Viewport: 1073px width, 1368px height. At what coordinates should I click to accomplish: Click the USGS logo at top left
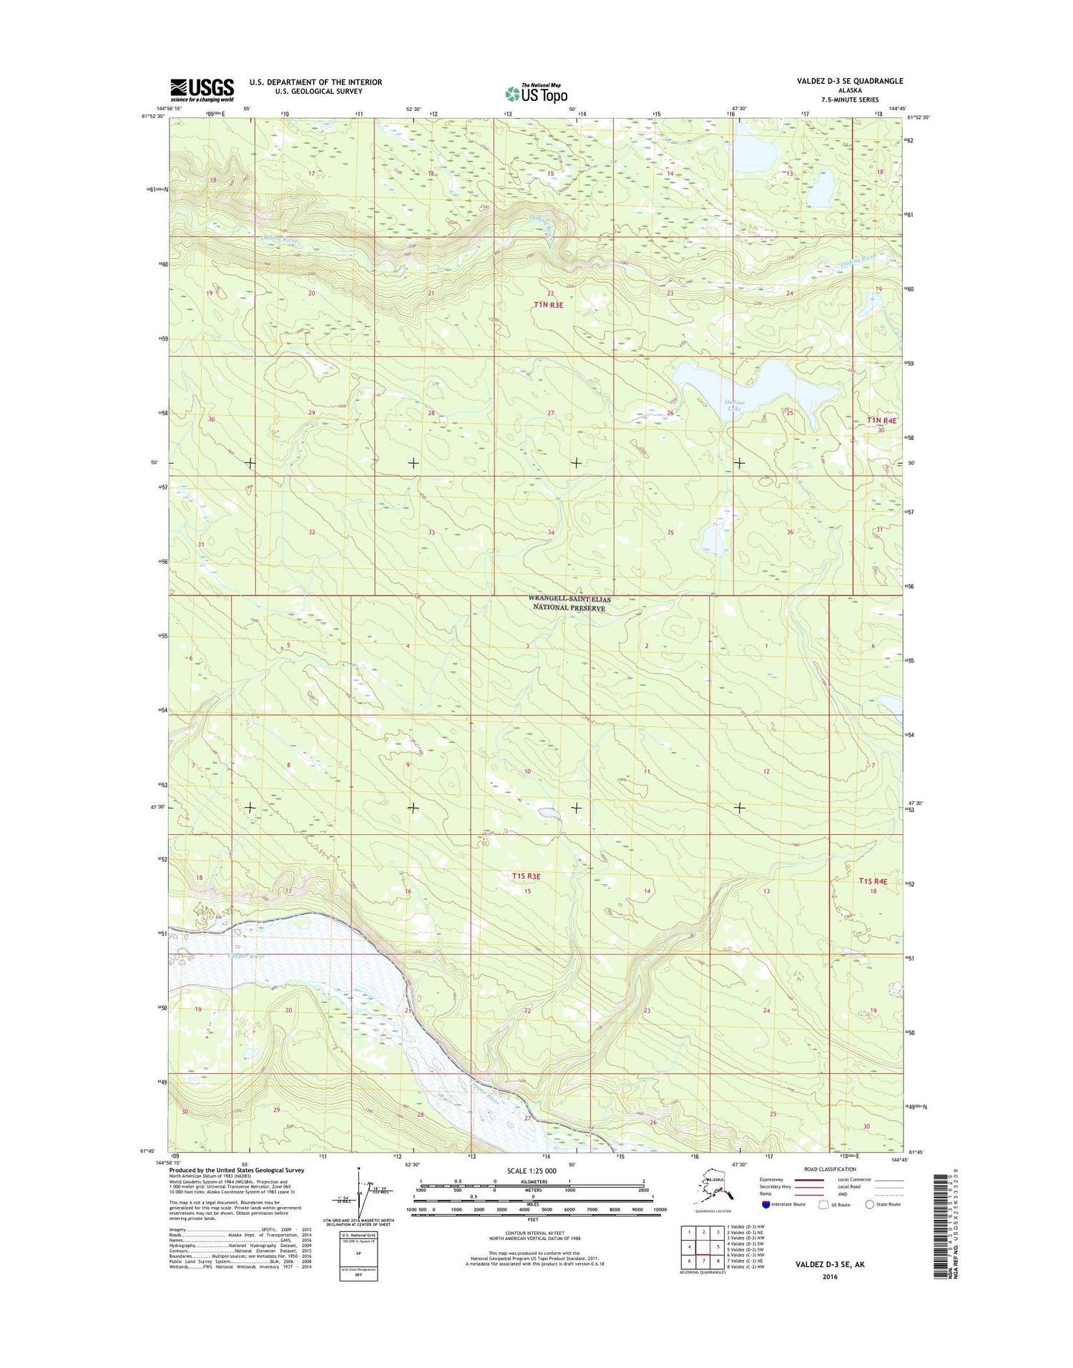[202, 89]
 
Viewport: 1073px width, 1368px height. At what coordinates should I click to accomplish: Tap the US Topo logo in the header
[536, 93]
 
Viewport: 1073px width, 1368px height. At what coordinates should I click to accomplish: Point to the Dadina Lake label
[735, 406]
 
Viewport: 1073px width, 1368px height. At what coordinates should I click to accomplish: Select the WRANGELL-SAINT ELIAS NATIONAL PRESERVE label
[569, 603]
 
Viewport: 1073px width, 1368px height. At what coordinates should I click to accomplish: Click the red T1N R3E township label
[549, 305]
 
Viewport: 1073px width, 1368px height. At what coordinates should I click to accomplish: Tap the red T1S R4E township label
[872, 881]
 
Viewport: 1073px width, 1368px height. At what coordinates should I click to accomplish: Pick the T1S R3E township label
[526, 876]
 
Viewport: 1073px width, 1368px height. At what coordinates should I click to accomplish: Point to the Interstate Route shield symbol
[766, 1204]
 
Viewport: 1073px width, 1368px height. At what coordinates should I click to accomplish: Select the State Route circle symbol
[870, 1204]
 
